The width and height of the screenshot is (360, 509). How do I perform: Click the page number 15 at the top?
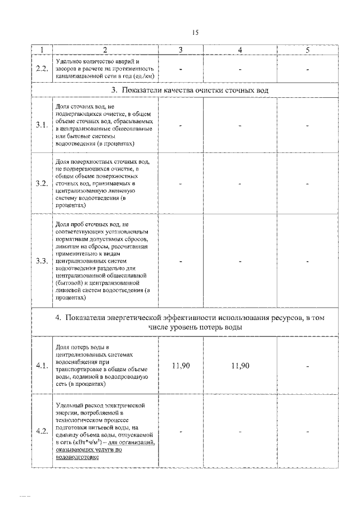[x=195, y=33]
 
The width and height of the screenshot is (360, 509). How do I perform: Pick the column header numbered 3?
[x=181, y=50]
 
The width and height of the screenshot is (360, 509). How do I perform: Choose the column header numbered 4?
[x=240, y=50]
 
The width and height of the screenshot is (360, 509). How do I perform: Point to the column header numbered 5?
[x=308, y=50]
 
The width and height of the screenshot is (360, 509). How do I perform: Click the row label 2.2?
[x=41, y=69]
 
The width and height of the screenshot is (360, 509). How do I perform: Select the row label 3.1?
[x=41, y=125]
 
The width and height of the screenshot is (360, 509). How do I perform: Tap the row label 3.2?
[x=41, y=183]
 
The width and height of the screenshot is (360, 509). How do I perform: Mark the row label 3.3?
[x=41, y=262]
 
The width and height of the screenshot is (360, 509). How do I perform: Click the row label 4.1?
[x=41, y=366]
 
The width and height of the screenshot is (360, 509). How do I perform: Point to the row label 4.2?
[x=41, y=431]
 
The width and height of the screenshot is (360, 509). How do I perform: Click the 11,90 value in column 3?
[x=181, y=366]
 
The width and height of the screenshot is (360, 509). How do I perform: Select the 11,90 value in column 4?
[x=240, y=366]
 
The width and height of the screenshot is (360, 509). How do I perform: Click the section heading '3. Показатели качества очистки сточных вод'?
[x=188, y=90]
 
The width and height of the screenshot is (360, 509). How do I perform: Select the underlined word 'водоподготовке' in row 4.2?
[x=78, y=457]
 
